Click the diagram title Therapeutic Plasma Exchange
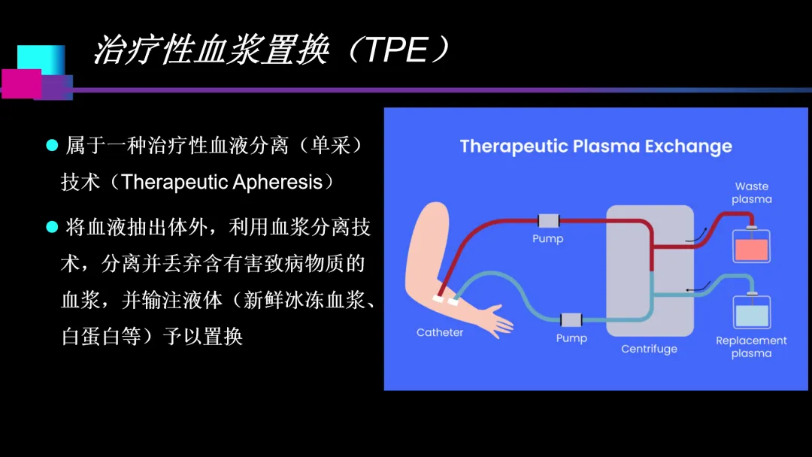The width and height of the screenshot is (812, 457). pos(595,146)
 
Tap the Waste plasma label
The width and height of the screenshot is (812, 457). pos(751,192)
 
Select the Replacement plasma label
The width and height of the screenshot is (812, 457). pos(751,347)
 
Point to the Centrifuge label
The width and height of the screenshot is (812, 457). pos(649,349)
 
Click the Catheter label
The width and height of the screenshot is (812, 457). pos(440,332)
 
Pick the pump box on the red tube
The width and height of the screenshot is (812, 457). pos(548,221)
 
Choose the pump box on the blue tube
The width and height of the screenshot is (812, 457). pos(571,319)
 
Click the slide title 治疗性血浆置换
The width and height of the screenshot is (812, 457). pos(211,51)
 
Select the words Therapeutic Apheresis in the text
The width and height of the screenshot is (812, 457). pos(226,182)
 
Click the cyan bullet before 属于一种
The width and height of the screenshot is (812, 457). pos(52,145)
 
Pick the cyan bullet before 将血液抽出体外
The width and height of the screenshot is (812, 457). pos(52,226)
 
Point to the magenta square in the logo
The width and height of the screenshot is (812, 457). pos(21,83)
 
